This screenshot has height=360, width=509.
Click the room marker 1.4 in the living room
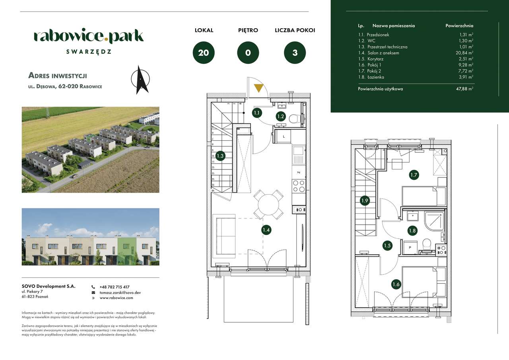[x=266, y=230]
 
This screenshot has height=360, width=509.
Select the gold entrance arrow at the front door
[x=258, y=88]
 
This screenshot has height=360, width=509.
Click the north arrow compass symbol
[x=140, y=80]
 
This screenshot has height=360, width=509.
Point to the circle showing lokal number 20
[x=204, y=53]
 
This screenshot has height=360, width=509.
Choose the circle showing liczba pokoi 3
[x=295, y=53]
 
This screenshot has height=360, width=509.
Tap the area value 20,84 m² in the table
[x=465, y=53]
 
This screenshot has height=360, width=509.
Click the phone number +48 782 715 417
[x=115, y=287]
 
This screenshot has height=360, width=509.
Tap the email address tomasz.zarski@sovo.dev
[x=120, y=292]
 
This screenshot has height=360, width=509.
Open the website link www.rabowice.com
[x=116, y=298]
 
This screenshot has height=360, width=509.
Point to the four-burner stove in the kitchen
[x=299, y=186]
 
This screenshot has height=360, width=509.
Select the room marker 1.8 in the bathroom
[x=412, y=230]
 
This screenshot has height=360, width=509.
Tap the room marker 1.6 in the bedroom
[x=396, y=284]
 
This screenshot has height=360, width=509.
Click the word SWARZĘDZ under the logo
[x=89, y=51]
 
